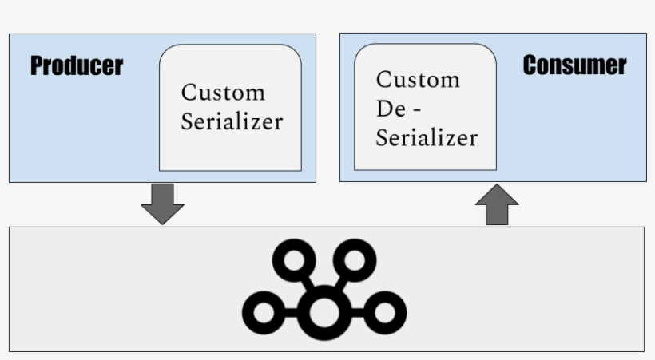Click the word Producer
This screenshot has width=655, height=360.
77,66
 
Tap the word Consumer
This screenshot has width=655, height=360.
574,65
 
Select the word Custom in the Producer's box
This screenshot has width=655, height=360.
222,93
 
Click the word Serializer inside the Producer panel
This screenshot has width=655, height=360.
231,121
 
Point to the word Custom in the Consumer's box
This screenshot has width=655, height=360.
418,80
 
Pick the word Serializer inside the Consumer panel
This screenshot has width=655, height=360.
427,137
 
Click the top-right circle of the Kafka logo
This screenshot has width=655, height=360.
355,259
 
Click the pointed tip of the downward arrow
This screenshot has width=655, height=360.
162,223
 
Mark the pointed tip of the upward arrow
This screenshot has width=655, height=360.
497,185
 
